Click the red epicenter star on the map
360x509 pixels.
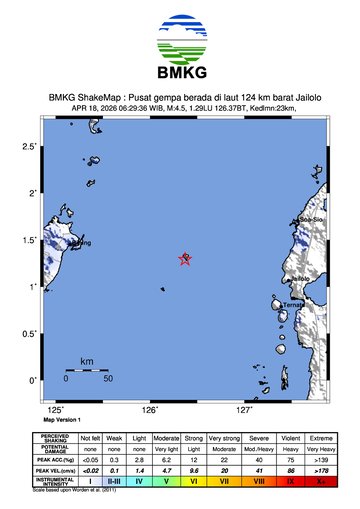pos(185,259)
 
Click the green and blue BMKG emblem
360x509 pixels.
pos(180,39)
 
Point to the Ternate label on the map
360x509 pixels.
pos(293,304)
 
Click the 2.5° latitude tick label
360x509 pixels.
pos(30,147)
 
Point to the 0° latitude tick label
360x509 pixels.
pos(33,380)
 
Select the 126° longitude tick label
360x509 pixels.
pos(150,410)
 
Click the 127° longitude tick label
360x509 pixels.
pos(244,410)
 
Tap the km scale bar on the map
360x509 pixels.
pos(86,371)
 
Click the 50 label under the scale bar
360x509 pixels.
pos(107,380)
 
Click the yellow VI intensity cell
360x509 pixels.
pos(194,481)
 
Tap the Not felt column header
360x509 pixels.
pos(90,438)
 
